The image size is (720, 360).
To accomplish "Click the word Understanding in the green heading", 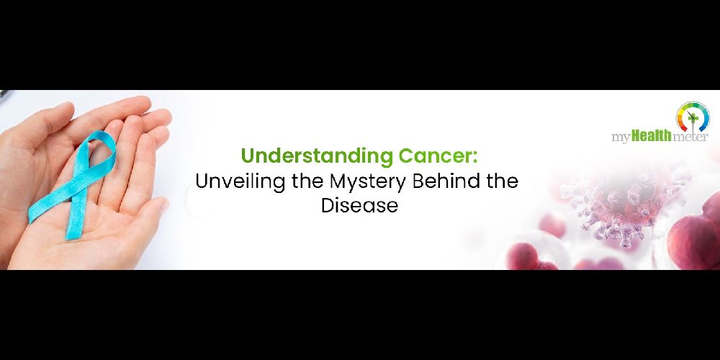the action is tap(317, 156).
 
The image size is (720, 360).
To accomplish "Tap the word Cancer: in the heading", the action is tap(438, 156).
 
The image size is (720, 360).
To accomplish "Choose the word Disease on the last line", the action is tap(359, 204).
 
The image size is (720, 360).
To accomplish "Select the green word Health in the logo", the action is tap(652, 136).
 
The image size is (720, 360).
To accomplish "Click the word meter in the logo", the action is tap(690, 136).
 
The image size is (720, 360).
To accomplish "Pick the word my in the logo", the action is tap(621, 138).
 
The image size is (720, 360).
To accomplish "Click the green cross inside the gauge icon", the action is tap(693, 119).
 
